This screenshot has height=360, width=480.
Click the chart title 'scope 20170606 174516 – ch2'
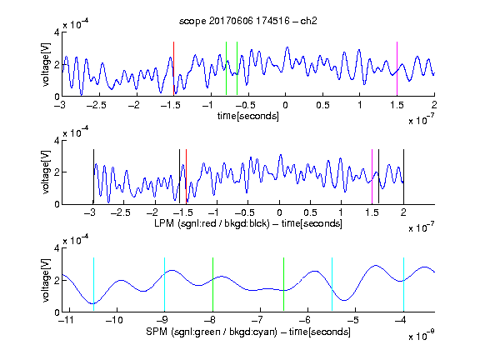click(248, 21)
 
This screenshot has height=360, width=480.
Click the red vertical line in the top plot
click(173, 68)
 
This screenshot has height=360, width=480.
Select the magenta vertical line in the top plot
click(397, 68)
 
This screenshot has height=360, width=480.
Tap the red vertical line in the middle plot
click(186, 177)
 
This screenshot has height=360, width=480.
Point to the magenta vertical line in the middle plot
click(372, 177)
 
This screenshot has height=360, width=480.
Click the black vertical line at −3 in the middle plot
click(93, 177)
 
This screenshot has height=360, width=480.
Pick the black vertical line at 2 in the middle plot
click(403, 177)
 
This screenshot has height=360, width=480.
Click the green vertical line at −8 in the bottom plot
click(212, 284)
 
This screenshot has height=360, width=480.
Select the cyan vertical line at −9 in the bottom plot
click(164, 284)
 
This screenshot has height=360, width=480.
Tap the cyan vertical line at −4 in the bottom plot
click(403, 284)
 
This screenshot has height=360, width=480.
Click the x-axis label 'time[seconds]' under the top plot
click(248, 116)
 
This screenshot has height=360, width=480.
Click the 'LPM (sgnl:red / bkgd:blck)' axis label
click(212, 223)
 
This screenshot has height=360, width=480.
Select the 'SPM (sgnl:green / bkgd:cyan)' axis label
click(212, 332)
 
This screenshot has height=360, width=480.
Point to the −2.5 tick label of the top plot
click(97, 105)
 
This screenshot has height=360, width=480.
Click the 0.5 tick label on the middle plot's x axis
click(310, 212)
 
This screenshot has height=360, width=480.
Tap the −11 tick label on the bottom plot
click(67, 320)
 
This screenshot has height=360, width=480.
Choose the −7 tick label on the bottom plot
click(257, 320)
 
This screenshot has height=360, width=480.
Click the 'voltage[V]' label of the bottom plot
click(46, 280)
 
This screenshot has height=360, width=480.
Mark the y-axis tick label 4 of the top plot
click(57, 32)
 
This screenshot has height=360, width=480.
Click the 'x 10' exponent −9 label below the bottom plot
click(422, 335)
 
